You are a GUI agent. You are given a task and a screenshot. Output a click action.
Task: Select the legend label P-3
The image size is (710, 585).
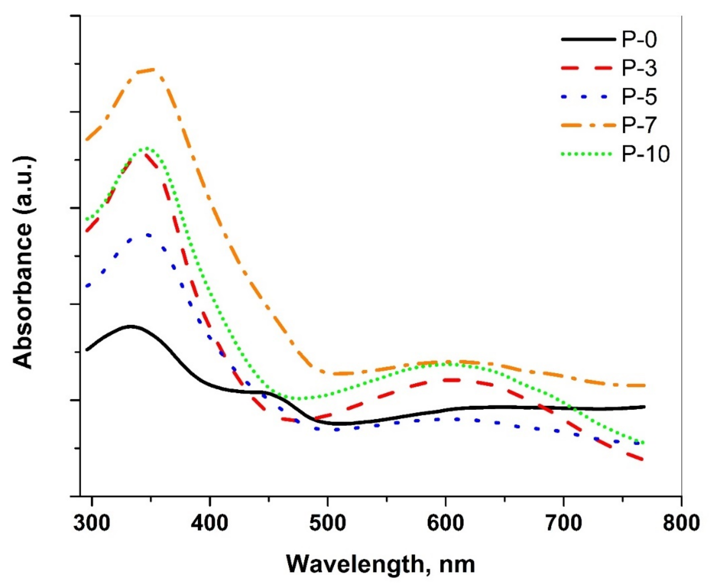pos(639,69)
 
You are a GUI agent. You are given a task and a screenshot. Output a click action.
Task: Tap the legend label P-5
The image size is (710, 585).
pos(639,97)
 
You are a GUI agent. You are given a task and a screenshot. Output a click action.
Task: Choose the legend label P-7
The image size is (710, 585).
pos(639,125)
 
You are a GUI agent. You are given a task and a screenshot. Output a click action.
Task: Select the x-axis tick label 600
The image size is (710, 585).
pos(445,523)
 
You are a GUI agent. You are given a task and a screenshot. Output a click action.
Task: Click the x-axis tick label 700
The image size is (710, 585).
pos(563,523)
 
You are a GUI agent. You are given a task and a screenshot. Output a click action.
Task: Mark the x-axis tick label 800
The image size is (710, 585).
pos(681,523)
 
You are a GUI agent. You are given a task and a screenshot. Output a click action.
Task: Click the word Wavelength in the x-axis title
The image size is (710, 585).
pos(354,565)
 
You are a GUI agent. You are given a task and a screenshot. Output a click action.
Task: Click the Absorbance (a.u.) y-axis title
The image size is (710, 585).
pos(24,263)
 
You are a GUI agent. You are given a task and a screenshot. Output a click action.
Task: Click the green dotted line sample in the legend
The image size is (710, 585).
pos(587,154)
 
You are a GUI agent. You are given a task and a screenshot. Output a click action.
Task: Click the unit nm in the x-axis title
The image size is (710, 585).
pos(457,565)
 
